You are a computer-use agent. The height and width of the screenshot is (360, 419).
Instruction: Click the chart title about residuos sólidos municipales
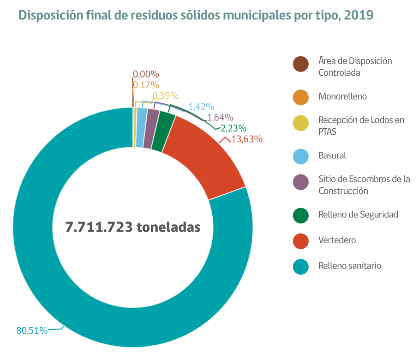pos(196,15)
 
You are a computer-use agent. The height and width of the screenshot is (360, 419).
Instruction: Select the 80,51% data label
pos(32,330)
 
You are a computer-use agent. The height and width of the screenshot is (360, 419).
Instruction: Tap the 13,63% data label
pos(246,139)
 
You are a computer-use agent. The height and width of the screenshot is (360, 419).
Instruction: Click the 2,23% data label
pos(233,128)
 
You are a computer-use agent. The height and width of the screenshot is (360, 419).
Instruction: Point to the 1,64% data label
pos(220,118)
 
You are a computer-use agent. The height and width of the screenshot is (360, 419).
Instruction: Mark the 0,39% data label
pos(165,96)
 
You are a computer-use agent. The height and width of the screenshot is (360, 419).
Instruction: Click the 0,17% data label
pos(146,85)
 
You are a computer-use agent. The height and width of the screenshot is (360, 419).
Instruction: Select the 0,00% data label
pos(146,74)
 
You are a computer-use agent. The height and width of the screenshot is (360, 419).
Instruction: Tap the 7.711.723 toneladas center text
pos(133,227)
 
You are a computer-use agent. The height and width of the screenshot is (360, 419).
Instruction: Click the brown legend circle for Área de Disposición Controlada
pos(300,65)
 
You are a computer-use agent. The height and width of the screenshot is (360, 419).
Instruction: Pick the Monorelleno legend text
pos(342,96)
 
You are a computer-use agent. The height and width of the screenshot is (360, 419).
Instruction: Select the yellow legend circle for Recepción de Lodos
pos(300,124)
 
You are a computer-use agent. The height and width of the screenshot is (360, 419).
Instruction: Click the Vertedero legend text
pos(337,240)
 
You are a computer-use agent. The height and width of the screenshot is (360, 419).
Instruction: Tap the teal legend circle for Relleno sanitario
pos(300,266)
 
